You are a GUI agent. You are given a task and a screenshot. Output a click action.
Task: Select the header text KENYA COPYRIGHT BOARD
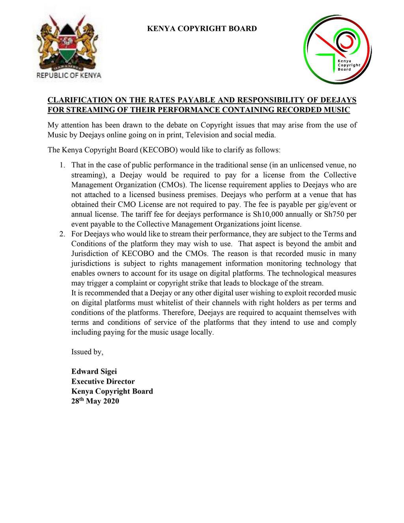tap(202, 28)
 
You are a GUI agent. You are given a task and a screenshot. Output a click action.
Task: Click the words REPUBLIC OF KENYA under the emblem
tap(69, 75)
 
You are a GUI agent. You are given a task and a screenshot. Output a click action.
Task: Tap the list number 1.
tap(62, 165)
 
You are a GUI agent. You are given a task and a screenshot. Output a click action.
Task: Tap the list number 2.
tap(62, 234)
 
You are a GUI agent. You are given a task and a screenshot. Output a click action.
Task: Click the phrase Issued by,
tap(87, 352)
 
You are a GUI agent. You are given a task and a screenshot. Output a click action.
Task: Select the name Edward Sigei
tap(94, 371)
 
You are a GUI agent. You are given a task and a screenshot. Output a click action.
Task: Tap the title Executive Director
tap(103, 381)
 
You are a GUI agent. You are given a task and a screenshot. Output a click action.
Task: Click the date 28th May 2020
tap(95, 401)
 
